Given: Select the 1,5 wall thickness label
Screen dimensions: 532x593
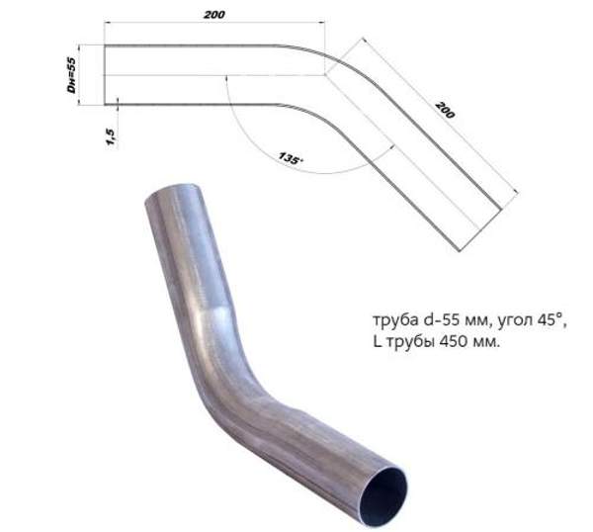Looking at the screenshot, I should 110,132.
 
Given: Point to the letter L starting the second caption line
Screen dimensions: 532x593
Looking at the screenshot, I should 376,342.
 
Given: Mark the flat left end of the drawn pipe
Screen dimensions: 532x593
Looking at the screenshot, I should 105,74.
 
